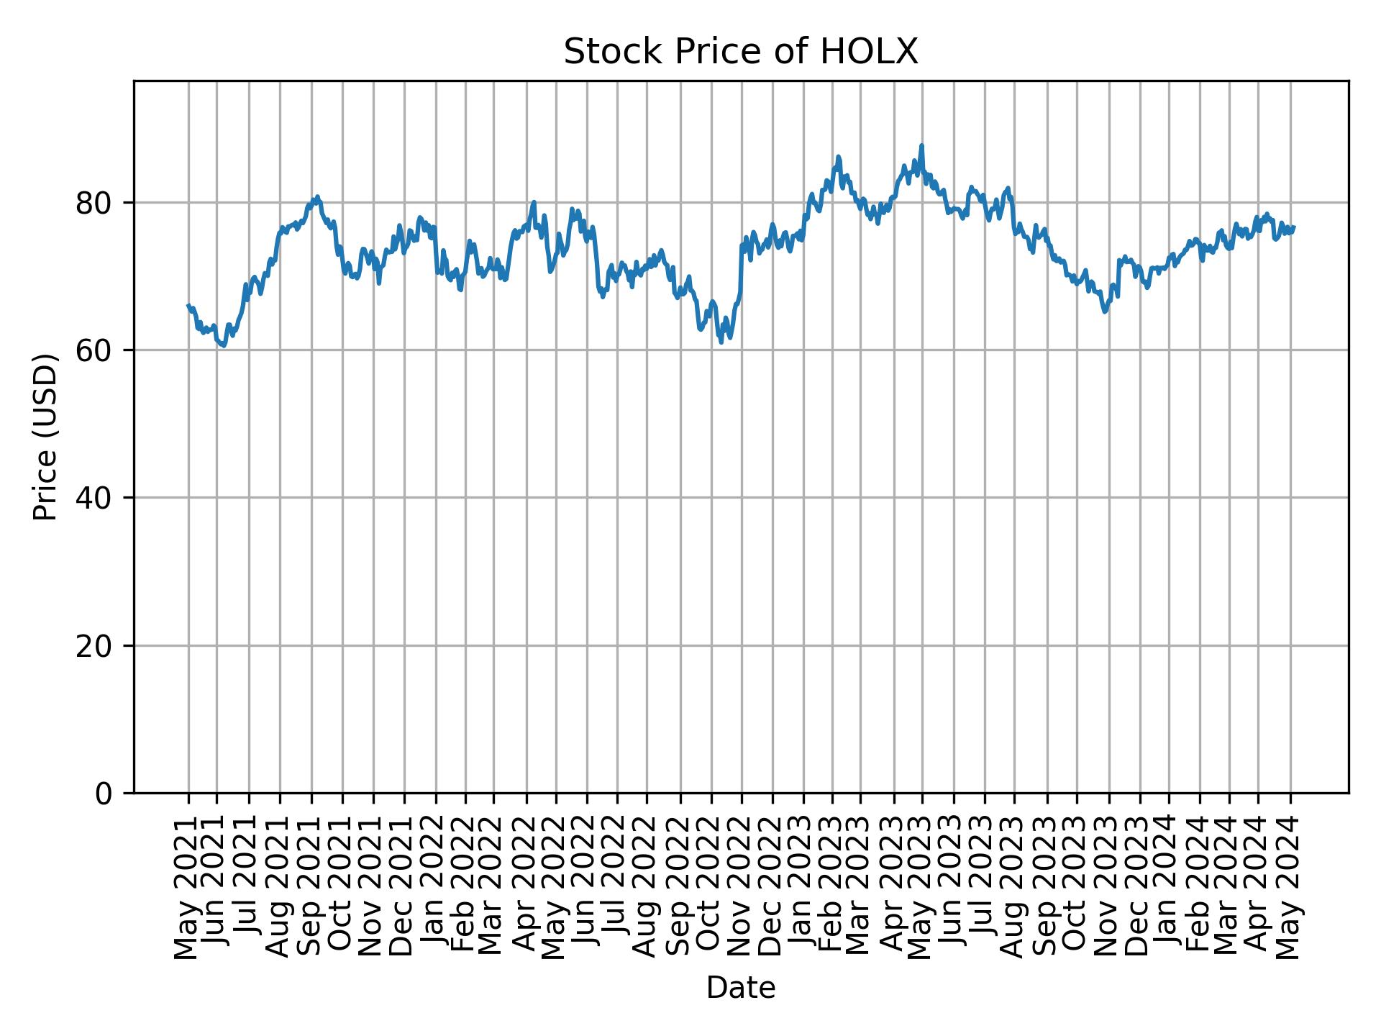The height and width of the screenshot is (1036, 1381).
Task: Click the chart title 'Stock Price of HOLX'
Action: click(x=740, y=52)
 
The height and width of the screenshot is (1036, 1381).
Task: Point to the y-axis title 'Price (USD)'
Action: click(x=45, y=437)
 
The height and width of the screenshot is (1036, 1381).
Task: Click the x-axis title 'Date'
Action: click(x=740, y=988)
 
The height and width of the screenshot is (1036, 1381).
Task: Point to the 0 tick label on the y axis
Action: click(x=104, y=794)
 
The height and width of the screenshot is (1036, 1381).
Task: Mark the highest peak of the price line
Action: click(x=921, y=145)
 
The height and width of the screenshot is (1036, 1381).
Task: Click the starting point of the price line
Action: click(x=188, y=305)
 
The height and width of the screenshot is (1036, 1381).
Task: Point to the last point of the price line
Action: click(x=1294, y=227)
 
